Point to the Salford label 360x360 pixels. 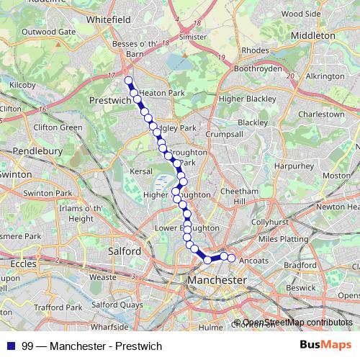[x=123, y=251]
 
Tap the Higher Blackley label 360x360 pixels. [x=247, y=98]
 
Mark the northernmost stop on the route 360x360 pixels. [x=128, y=81]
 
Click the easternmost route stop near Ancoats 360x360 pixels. [x=232, y=258]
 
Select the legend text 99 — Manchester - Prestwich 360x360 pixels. [x=92, y=346]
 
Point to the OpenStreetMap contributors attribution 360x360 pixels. [x=297, y=323]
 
